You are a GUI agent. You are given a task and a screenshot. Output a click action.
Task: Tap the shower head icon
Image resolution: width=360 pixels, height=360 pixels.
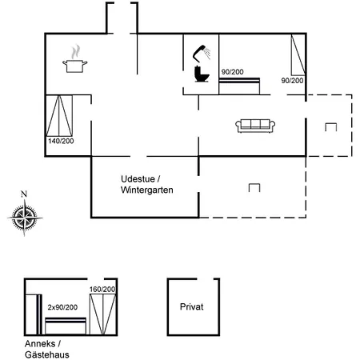pos(202,53)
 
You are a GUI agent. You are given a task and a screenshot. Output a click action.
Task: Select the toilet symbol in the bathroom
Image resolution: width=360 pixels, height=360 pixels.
pos(202,74)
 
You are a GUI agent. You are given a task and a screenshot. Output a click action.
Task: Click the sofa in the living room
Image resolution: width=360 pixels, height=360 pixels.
pos(255,126)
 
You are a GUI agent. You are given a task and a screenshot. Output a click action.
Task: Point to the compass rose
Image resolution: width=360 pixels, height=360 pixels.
pos(25,218)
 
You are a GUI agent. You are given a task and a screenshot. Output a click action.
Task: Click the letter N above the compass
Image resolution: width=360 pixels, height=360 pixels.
pos(24,194)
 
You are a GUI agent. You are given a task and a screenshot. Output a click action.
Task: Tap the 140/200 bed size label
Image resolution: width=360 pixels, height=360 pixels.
pos(61,141)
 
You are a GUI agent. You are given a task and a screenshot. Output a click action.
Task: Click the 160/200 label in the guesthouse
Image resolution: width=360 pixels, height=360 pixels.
pos(102,289)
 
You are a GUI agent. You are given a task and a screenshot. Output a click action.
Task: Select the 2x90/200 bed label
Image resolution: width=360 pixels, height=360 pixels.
pos(62,307)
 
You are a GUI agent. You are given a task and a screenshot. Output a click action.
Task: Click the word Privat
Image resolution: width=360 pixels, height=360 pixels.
pos(191,306)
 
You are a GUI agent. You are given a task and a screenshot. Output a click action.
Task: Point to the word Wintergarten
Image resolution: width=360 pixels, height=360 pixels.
pos(147,190)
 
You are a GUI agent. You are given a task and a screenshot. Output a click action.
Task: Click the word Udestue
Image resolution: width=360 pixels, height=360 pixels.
pos(138,179)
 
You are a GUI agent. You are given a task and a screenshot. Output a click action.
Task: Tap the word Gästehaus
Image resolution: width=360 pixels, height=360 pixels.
pos(47,354)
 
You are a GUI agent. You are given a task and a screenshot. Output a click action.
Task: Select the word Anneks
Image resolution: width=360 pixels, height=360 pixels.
pos(40,344)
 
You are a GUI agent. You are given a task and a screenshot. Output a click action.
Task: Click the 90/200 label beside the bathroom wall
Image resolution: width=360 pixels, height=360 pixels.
pos(233,72)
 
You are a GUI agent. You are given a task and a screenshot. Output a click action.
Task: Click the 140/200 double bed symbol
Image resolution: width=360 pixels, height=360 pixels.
pos(59,115)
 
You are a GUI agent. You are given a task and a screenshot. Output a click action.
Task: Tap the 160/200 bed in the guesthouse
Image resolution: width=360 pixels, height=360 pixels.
pos(103,314)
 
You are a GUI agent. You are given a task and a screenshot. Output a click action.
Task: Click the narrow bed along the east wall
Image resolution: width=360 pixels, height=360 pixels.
pos(298,55)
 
